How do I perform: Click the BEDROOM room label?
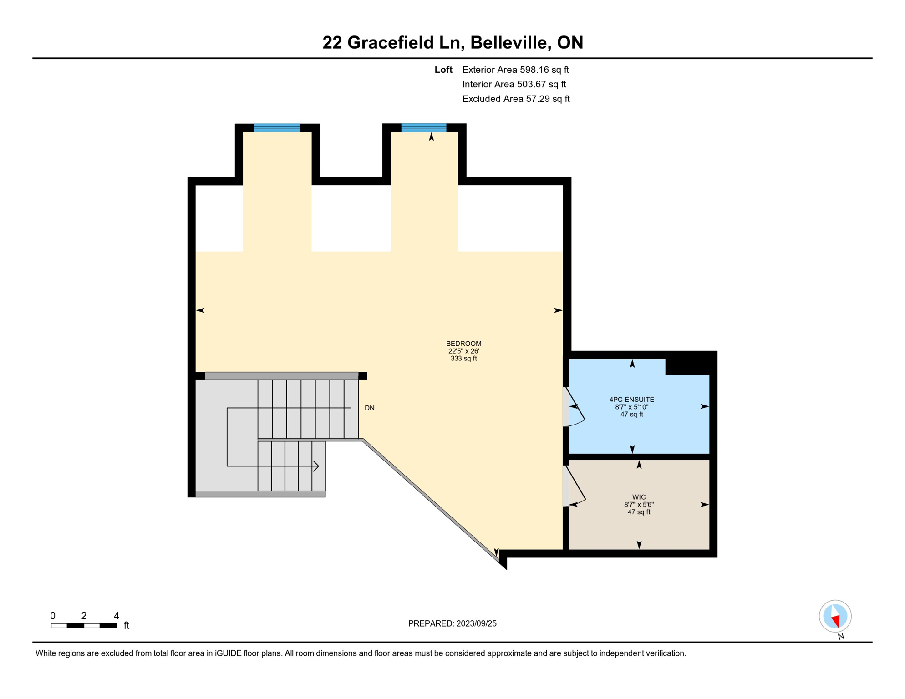pyautogui.click(x=463, y=344)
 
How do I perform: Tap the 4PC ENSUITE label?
pyautogui.click(x=631, y=400)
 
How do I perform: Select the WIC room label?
pyautogui.click(x=638, y=497)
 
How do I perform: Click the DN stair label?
pyautogui.click(x=369, y=408)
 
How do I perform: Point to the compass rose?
pyautogui.click(x=835, y=616)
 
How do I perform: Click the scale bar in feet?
pyautogui.click(x=84, y=626)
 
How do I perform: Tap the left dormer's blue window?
pyautogui.click(x=277, y=127)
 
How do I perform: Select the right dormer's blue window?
pyautogui.click(x=423, y=127)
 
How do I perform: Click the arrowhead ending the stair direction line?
pyautogui.click(x=316, y=466)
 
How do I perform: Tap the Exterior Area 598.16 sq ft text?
pyautogui.click(x=515, y=70)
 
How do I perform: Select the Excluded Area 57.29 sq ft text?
pyautogui.click(x=515, y=99)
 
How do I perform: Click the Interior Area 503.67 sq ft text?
pyautogui.click(x=514, y=84)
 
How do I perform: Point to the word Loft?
pyautogui.click(x=443, y=70)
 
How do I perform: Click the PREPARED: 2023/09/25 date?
pyautogui.click(x=452, y=623)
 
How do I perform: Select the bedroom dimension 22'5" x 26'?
pyautogui.click(x=463, y=351)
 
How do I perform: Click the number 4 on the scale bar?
pyautogui.click(x=117, y=616)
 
